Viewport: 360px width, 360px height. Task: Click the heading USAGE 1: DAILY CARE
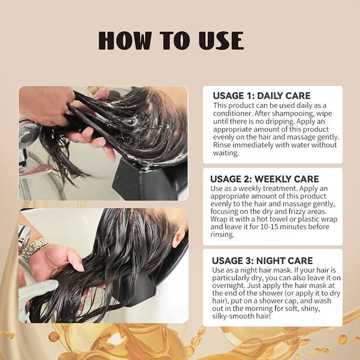(x=261, y=96)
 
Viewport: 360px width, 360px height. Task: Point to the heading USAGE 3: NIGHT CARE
(x=263, y=261)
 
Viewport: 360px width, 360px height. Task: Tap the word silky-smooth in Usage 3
(x=232, y=317)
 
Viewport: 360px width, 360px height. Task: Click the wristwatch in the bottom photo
(x=36, y=250)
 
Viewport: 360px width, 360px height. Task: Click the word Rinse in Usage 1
(x=222, y=145)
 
